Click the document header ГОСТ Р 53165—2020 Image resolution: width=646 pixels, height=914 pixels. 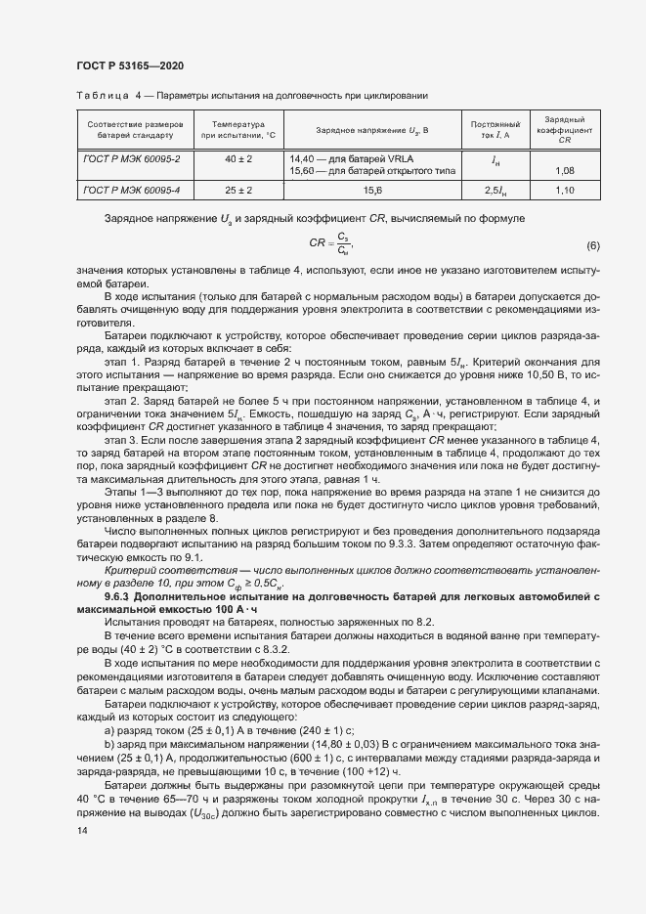[x=129, y=65]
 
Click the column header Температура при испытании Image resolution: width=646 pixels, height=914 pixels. [x=238, y=130]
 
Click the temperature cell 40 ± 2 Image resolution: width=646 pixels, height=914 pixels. [x=238, y=157]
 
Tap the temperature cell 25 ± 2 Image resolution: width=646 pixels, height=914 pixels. [x=238, y=191]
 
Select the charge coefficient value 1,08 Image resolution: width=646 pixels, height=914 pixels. [x=564, y=171]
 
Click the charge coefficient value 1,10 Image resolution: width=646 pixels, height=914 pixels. [x=564, y=191]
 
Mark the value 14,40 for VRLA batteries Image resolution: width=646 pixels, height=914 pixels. [x=303, y=157]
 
